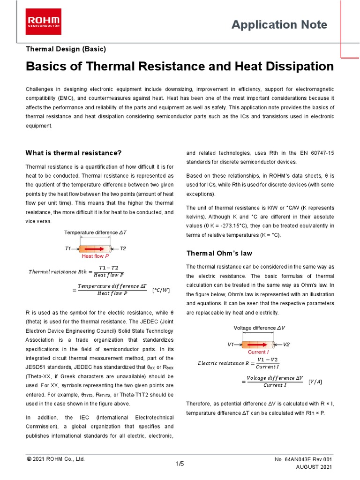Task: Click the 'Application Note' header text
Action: click(279, 25)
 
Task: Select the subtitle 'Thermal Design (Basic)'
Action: click(66, 49)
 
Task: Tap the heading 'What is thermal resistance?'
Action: click(74, 153)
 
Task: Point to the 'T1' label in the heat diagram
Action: click(68, 248)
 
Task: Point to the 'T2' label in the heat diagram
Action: click(123, 248)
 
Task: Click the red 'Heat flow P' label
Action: click(96, 256)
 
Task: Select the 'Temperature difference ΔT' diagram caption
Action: click(95, 232)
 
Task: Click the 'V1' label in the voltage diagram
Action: click(231, 345)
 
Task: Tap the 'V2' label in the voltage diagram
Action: click(286, 345)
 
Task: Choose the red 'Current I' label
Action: click(258, 352)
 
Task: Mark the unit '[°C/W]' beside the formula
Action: click(161, 291)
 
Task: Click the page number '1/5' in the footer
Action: click(180, 464)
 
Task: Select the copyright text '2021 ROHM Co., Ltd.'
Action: click(59, 459)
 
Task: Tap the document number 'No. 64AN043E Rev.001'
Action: click(303, 460)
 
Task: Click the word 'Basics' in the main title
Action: click(46, 67)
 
